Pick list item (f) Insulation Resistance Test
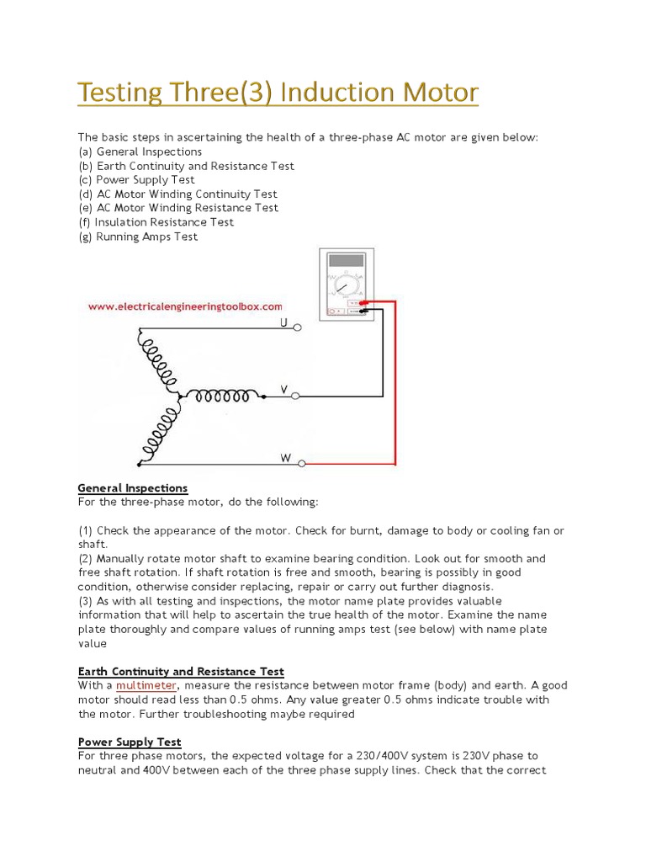click(x=156, y=222)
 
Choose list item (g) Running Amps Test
click(x=138, y=237)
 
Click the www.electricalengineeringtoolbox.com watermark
click(x=185, y=307)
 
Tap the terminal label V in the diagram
click(x=283, y=390)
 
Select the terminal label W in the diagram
click(x=285, y=458)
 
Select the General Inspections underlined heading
click(x=133, y=488)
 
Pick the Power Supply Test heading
click(x=130, y=742)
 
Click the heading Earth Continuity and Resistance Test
click(x=181, y=672)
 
